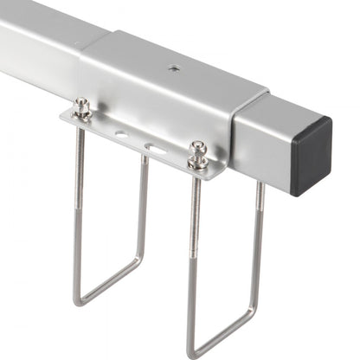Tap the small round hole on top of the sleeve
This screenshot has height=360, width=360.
click(173, 67)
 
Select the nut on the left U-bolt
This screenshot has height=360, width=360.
click(82, 106)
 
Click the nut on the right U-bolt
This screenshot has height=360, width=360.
click(198, 154)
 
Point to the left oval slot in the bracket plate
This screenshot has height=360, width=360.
click(121, 134)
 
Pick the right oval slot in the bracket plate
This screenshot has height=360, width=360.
click(156, 148)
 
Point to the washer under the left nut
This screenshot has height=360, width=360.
click(82, 116)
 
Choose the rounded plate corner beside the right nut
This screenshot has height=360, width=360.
click(216, 169)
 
